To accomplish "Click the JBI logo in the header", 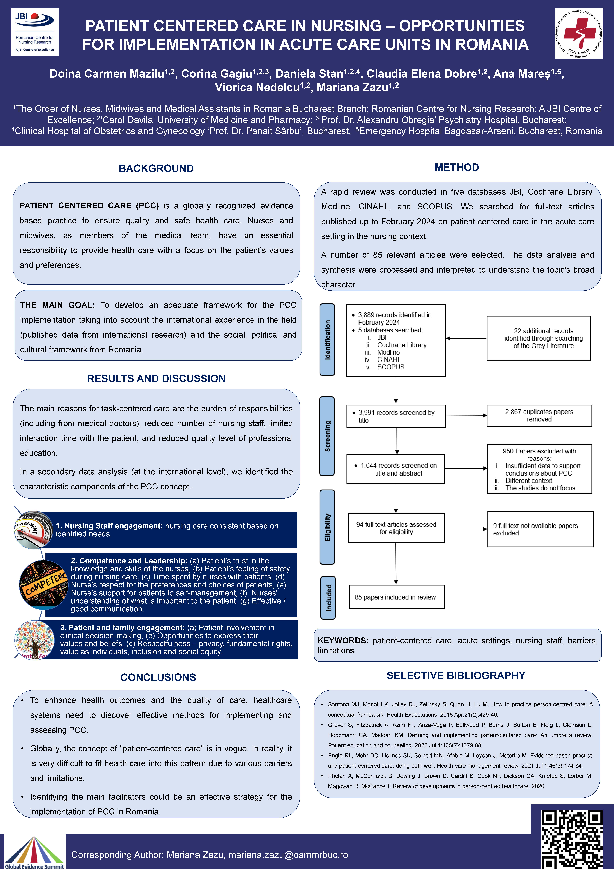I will tap(34, 32).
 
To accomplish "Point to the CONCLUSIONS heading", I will tap(158, 677).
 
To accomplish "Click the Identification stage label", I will tap(327, 340).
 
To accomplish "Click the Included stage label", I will tap(328, 598).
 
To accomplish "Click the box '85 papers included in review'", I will tap(396, 597).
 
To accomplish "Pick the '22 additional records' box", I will tap(538, 338).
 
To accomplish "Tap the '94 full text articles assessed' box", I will tap(396, 528).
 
